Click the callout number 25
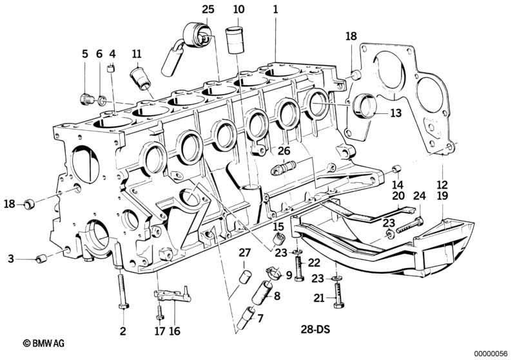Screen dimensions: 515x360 pos(208,9)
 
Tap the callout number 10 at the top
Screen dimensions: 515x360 pos(238,9)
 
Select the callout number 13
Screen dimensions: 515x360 pos(396,113)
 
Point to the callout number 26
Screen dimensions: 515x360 pos(284,151)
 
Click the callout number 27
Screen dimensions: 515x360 pos(245,252)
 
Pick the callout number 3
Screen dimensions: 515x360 pos(11,259)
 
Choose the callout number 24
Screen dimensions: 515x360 pos(420,196)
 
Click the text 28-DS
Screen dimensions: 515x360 pos(315,329)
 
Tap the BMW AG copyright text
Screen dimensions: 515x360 pos(44,343)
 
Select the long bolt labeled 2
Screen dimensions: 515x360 pos(123,290)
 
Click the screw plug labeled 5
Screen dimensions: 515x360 pos(87,99)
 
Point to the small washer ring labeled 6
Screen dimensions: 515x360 pos(102,100)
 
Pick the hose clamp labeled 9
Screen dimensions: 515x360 pos(273,272)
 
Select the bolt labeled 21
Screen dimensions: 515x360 pos(338,296)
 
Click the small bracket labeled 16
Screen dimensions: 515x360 pos(173,294)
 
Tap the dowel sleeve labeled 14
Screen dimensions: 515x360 pos(396,169)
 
